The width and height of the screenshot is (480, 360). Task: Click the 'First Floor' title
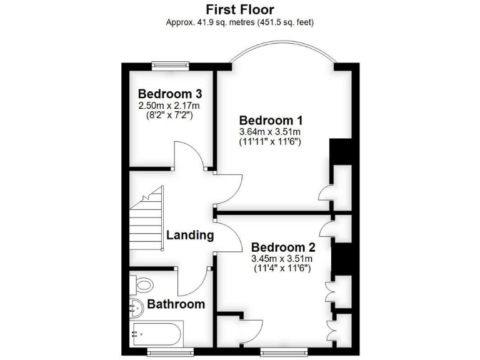click(239, 9)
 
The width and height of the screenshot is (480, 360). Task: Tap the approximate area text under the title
click(239, 23)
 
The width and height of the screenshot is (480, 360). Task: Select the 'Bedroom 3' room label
click(170, 94)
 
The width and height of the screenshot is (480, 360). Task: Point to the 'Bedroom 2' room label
click(281, 246)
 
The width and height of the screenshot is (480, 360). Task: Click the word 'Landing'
click(190, 236)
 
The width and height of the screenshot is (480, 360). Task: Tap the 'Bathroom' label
click(176, 304)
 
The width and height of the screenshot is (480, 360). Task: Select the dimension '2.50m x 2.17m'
click(170, 106)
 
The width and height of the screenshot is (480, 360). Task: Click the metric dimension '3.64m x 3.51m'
click(271, 132)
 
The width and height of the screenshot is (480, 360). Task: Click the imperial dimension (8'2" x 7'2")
click(170, 116)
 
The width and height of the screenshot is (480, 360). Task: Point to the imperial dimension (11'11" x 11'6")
click(271, 142)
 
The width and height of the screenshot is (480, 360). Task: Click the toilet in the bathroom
click(142, 286)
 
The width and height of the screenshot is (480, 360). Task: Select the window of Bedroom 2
click(284, 352)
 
